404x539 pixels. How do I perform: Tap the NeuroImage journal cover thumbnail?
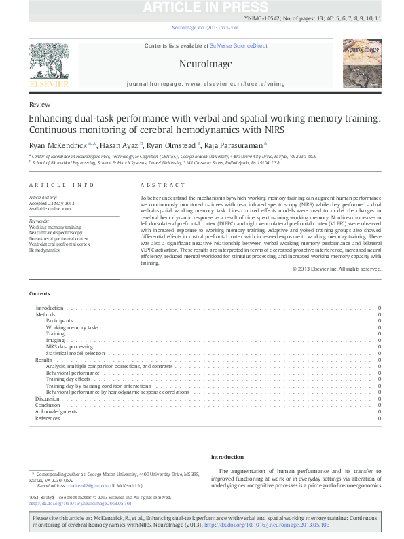click(362, 66)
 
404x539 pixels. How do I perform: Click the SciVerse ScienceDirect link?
click(238, 46)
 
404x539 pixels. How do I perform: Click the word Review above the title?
click(39, 105)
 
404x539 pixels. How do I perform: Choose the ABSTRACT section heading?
click(163, 185)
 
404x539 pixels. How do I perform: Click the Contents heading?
click(39, 293)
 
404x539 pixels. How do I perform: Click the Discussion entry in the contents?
click(48, 398)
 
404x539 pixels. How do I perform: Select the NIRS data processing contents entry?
click(70, 346)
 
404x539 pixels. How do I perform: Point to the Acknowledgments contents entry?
click(56, 411)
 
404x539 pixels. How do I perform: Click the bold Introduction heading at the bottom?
click(227, 457)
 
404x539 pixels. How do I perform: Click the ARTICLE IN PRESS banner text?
click(202, 7)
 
